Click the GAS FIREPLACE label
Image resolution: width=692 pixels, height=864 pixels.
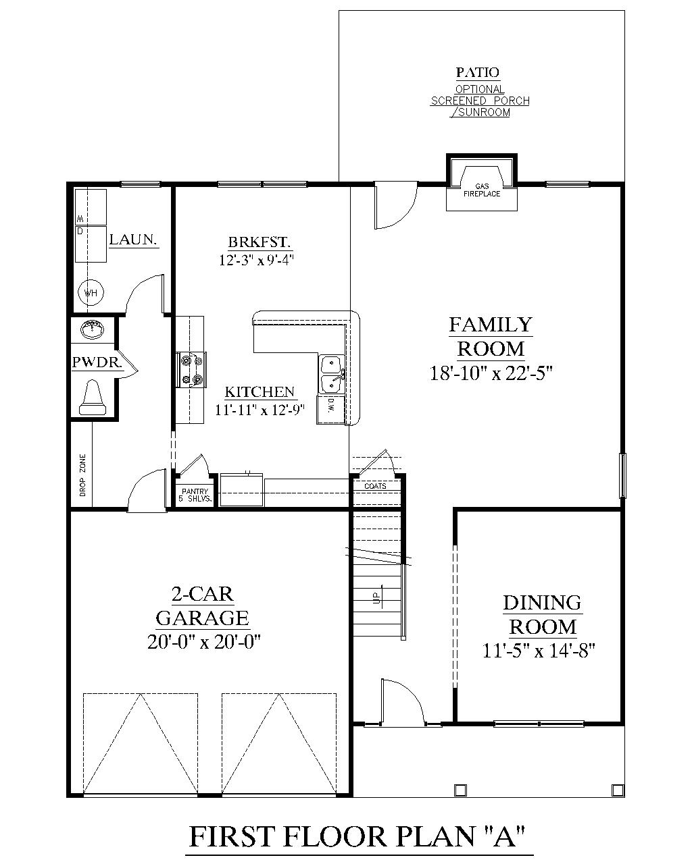coord(482,190)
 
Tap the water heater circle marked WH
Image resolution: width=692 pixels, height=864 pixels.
coord(91,293)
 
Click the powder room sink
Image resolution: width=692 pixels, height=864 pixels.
coord(92,330)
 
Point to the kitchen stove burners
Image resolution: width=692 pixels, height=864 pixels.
coord(190,370)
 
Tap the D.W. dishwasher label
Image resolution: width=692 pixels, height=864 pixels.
coord(332,405)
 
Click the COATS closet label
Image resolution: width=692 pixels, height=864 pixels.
coord(375,486)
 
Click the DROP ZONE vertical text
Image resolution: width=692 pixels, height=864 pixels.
coord(82,475)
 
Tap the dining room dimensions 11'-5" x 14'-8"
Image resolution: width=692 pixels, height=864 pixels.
coord(539,651)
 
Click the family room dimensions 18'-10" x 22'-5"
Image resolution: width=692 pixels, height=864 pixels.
coord(491,373)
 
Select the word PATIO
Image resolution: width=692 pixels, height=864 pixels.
coord(477,72)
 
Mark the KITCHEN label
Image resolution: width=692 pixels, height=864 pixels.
coord(259,391)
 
